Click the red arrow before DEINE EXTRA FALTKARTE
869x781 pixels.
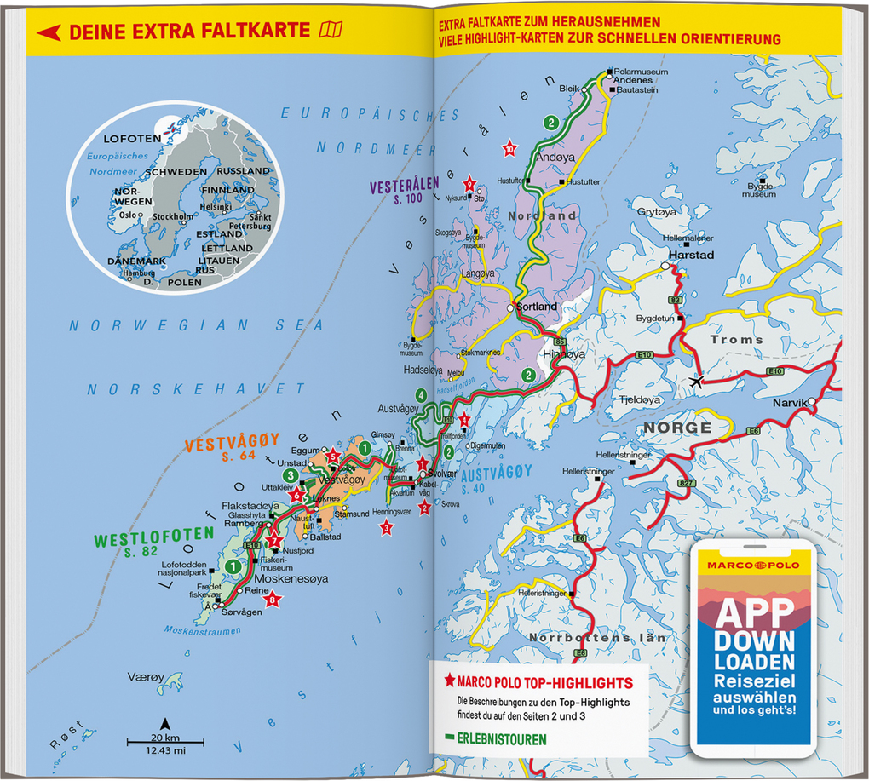pos(49,32)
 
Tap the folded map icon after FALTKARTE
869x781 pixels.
pos(330,32)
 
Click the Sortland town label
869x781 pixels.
pos(538,307)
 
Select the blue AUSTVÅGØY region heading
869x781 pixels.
pos(496,471)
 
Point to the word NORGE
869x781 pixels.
pos(676,428)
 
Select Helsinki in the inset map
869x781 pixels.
pos(216,206)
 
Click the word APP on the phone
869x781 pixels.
pos(753,613)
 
